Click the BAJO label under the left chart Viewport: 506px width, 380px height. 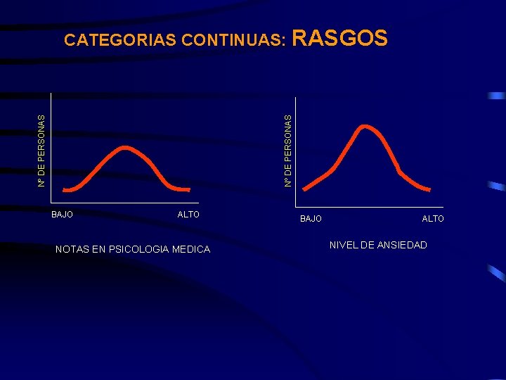63,214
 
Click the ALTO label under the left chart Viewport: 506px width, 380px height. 188,214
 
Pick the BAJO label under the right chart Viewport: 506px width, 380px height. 311,219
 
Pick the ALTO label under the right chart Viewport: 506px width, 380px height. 433,219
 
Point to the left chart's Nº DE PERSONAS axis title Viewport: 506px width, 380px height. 41,151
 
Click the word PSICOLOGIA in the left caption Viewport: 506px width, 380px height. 141,248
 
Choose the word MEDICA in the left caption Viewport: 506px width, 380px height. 192,248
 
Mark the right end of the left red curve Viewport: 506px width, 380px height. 188,189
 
